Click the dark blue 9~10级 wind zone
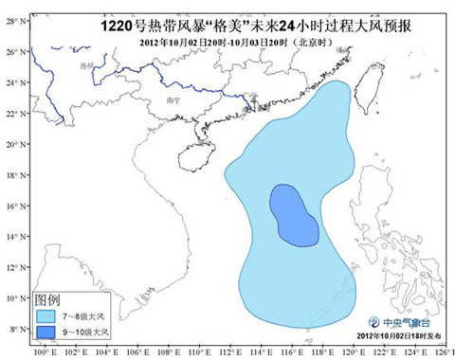point(294,216)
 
